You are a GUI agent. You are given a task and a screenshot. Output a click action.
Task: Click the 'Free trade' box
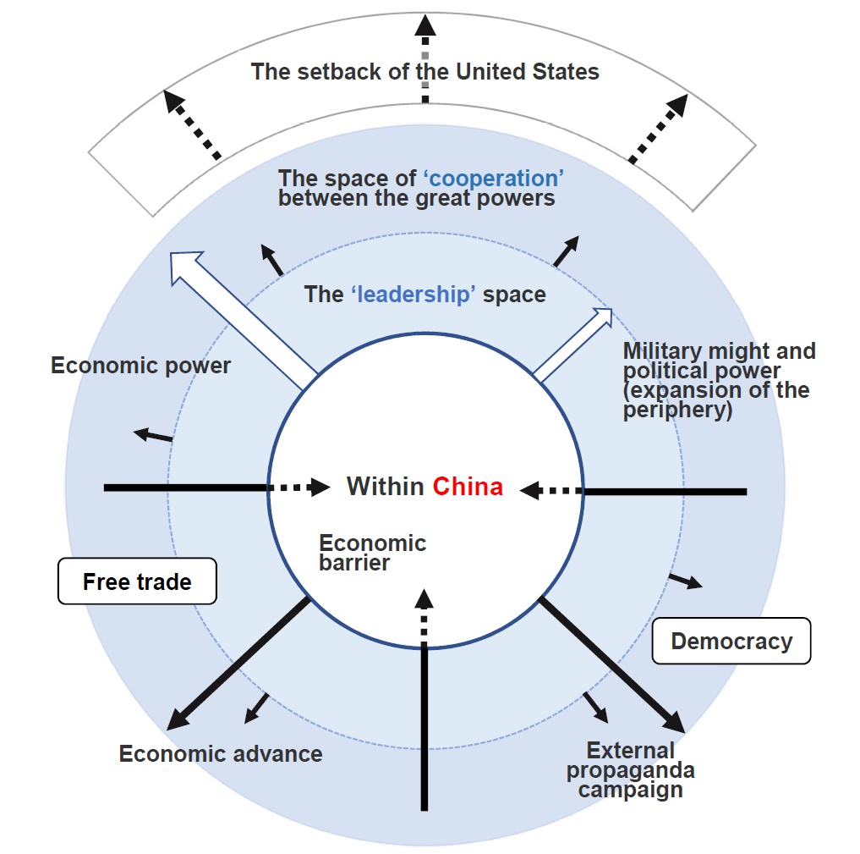(137, 581)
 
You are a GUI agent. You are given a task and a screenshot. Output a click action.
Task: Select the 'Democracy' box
(731, 641)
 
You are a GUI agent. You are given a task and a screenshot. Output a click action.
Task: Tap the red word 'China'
(468, 487)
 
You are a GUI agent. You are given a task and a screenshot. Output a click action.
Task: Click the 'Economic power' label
(140, 366)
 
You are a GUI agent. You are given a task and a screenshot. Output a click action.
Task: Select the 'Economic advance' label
(221, 753)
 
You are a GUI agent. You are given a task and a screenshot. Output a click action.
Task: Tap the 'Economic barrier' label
(372, 553)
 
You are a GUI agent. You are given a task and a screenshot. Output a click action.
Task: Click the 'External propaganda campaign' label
(630, 769)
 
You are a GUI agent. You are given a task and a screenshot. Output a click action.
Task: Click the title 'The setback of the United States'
(425, 71)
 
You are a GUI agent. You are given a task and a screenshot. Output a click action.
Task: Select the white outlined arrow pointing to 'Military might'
(575, 343)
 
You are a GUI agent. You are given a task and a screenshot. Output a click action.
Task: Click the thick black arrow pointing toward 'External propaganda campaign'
(612, 665)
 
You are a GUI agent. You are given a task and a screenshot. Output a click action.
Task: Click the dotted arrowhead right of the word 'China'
(530, 489)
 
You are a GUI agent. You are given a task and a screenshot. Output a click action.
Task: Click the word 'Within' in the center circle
(386, 487)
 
